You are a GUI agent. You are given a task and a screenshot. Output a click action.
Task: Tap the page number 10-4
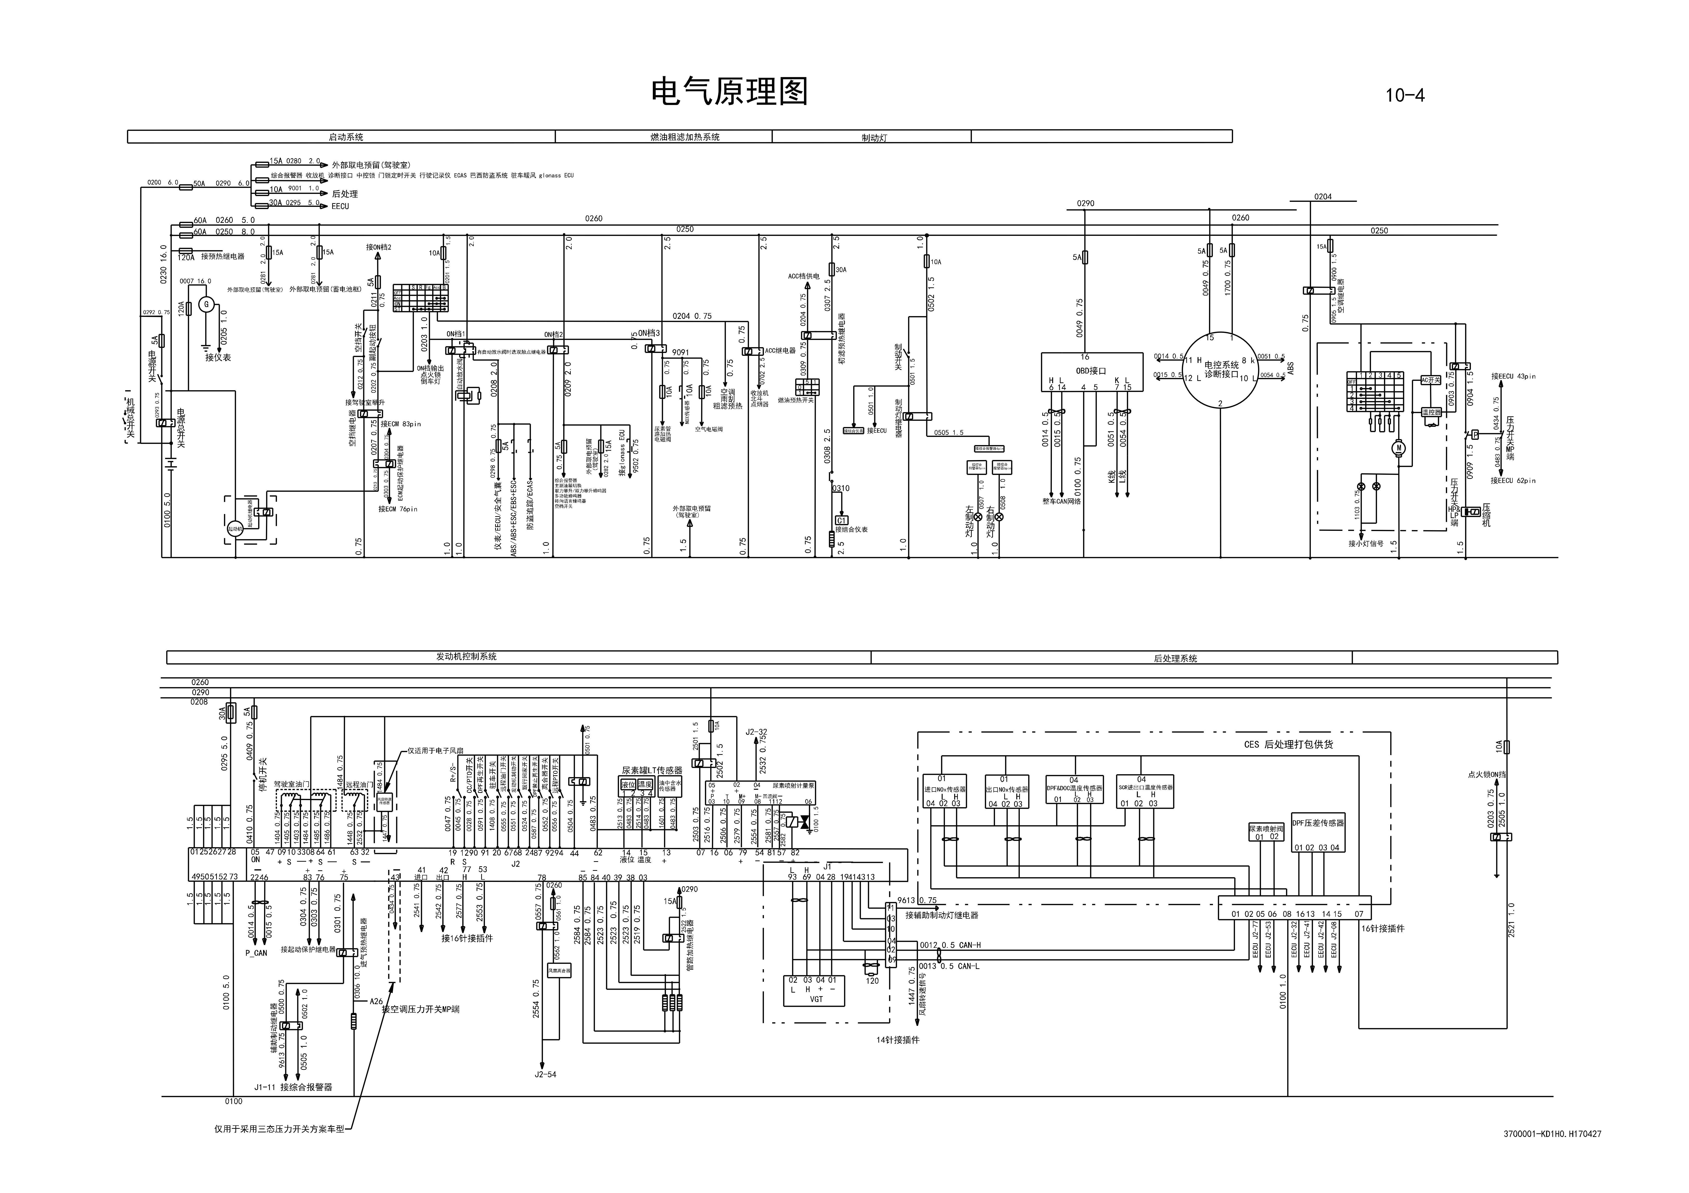(1404, 96)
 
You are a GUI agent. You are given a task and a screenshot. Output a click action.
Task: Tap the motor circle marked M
(1398, 447)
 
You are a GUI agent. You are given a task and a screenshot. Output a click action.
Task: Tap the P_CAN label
(256, 953)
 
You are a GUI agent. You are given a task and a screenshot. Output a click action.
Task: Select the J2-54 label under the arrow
(545, 1075)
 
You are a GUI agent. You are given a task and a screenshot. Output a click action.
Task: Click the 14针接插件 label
(898, 1040)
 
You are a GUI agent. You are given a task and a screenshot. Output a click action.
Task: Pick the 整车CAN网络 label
(1061, 502)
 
